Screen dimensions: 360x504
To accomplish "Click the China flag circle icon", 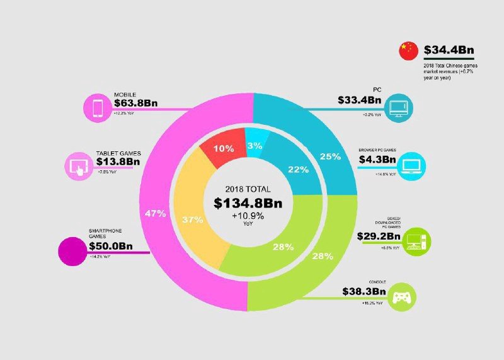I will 408,51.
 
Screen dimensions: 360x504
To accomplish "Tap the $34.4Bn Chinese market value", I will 449,50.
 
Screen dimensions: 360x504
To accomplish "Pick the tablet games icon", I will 78,166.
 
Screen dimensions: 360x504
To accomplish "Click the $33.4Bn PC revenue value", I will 360,100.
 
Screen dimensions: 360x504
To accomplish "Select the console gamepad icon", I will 401,296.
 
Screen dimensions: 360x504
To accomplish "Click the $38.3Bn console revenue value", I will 364,292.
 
